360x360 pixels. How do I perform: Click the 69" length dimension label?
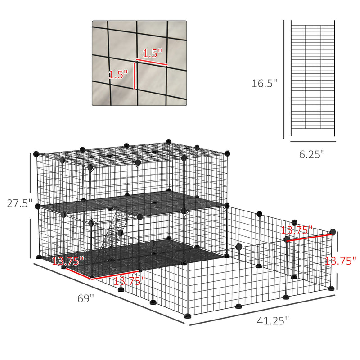tap(85, 298)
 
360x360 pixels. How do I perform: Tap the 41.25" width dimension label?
tap(273, 321)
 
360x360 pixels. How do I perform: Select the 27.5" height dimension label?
tap(19, 203)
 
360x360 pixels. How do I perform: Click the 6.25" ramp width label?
tap(312, 154)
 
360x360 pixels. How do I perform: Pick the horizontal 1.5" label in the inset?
tap(152, 53)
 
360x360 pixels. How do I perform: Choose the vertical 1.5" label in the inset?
tap(118, 74)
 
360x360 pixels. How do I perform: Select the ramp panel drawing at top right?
tap(313, 78)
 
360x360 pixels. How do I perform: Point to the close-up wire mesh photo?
tap(139, 63)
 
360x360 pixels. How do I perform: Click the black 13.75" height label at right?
tap(341, 260)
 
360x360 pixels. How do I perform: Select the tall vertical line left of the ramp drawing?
tap(284, 79)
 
